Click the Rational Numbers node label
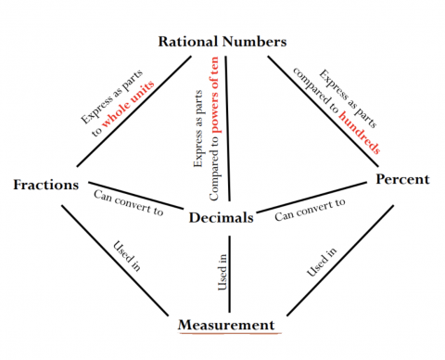pos(222,42)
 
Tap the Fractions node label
pos(45,185)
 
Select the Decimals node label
pos(222,218)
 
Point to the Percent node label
pos(402,178)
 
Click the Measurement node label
pos(227,325)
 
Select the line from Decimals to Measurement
pos(229,274)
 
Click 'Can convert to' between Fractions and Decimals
pos(129,203)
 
